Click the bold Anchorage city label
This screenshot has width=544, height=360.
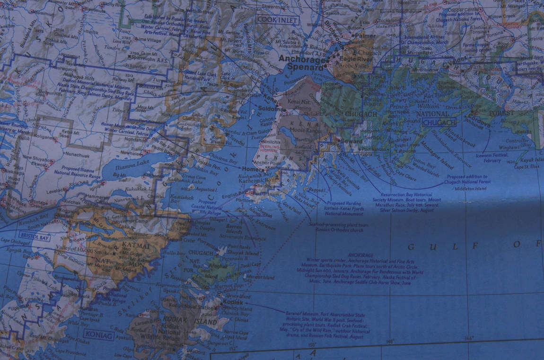[302, 59]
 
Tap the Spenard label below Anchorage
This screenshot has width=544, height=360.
[305, 68]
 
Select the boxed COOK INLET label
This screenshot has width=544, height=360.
[278, 20]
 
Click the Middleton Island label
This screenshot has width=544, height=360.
[471, 188]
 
